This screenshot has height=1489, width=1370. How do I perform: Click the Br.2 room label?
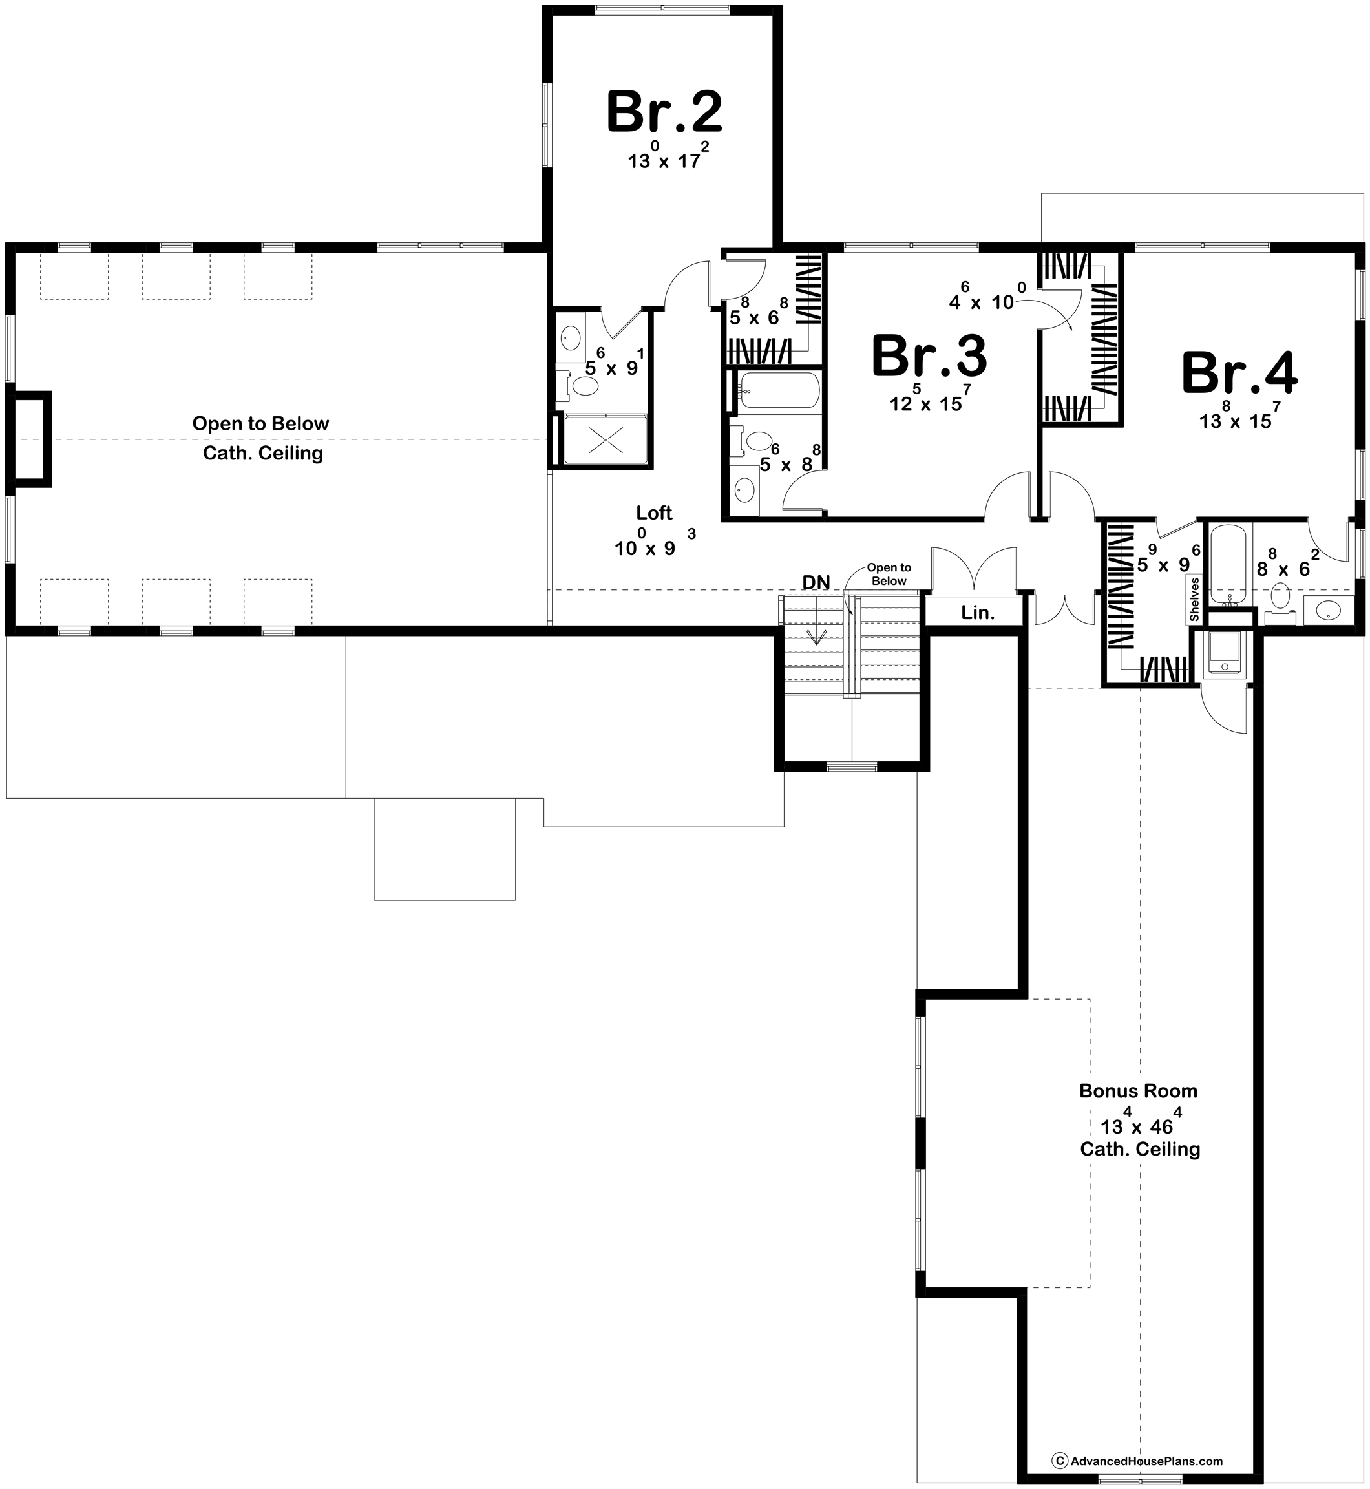[x=664, y=112]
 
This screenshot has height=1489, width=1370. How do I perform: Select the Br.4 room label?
[x=1239, y=374]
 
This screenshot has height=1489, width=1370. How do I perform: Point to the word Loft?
[x=654, y=512]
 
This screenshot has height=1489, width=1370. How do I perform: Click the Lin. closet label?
[x=977, y=613]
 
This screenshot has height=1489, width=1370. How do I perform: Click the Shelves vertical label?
[x=1194, y=599]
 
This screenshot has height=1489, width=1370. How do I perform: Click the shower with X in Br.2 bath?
[x=606, y=439]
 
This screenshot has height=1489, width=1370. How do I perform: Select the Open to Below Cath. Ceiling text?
[x=261, y=438]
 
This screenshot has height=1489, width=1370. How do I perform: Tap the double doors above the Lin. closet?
[x=973, y=569]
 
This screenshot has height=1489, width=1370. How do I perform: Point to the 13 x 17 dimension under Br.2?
[x=665, y=160]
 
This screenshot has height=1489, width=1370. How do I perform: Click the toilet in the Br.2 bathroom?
[x=585, y=386]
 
